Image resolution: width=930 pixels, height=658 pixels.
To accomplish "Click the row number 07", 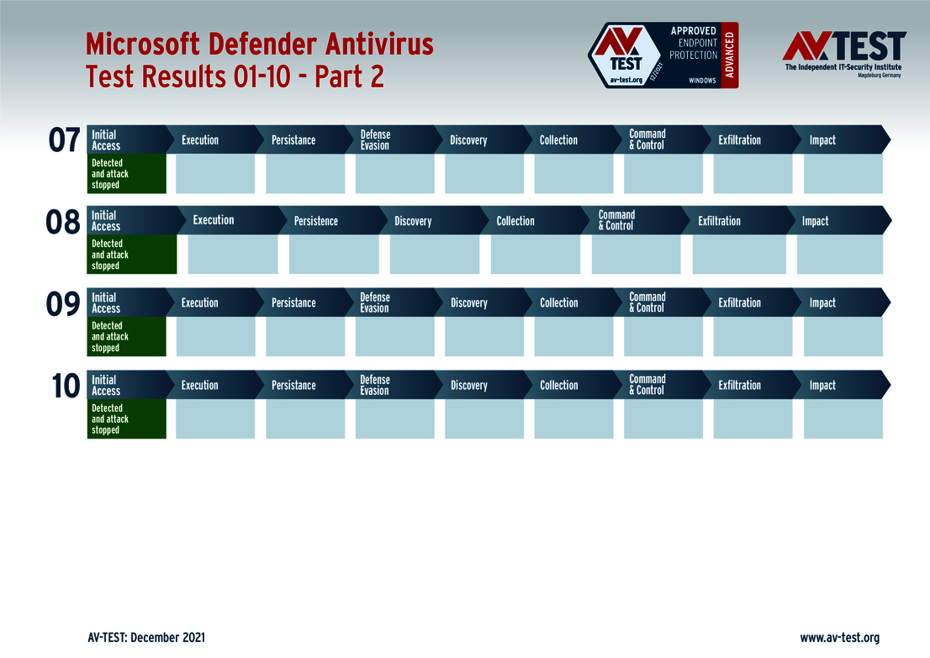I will coord(64,140).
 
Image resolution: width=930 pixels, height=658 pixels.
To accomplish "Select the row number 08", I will coord(63,222).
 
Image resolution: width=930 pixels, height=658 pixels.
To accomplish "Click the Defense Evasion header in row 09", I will coord(375,303).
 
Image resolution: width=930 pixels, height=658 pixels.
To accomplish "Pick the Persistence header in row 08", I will coord(316,221).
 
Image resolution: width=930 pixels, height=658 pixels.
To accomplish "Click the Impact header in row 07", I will coord(822,140).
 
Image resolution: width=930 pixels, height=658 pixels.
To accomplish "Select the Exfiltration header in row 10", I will coord(739,386).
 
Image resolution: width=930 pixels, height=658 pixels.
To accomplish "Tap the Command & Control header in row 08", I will coord(616,220).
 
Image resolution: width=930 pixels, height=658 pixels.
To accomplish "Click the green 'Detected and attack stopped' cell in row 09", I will coord(126,337).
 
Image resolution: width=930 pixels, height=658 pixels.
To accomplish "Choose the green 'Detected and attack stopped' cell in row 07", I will coord(126,174).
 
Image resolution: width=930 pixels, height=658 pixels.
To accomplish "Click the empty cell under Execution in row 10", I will coord(215,418).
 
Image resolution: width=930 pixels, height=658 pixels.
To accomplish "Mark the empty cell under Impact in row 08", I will coord(839,255).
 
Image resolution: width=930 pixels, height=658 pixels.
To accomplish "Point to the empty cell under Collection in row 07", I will coord(573,174).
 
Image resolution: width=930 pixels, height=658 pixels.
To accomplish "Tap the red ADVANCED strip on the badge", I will coord(730,55).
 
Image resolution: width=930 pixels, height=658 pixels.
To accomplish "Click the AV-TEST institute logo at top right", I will coord(843,53).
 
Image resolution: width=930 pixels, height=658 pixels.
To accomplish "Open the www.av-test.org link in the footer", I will coord(839,638).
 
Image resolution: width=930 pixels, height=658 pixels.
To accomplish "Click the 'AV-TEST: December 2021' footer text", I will coord(146,638).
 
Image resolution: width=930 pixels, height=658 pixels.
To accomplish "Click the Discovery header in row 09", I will coord(468,303).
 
